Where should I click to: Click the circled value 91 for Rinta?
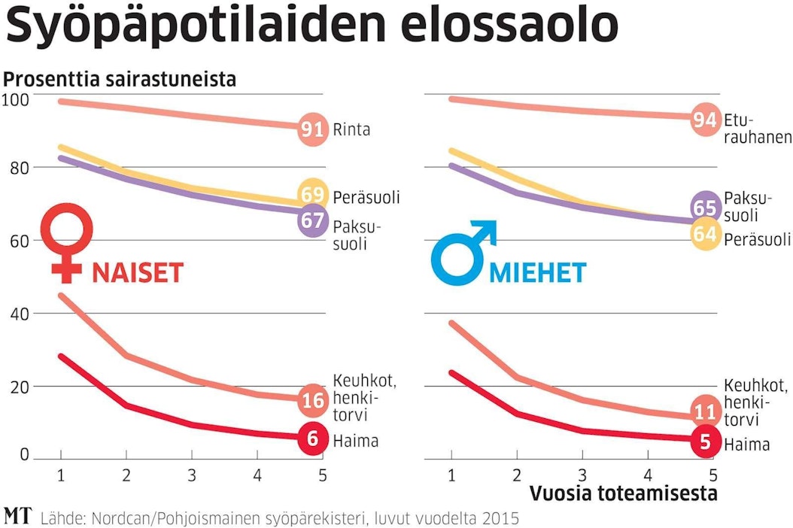[312, 129]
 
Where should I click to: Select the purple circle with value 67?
[312, 221]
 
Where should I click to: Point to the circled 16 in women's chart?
[312, 400]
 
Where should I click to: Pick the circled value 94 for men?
[704, 119]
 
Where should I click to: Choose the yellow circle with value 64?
[704, 235]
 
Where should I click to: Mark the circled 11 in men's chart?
[704, 411]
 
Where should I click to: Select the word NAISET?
[138, 272]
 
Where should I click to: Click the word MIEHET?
[537, 272]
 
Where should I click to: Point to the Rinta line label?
[352, 130]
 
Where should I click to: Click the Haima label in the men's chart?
[747, 445]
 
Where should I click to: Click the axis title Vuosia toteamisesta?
[624, 494]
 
